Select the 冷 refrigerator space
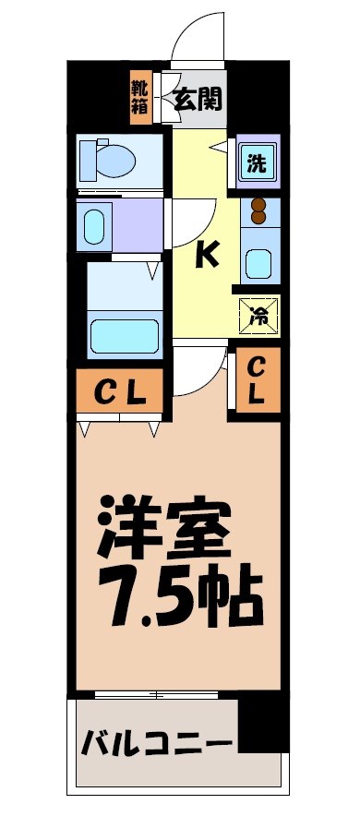pyautogui.click(x=258, y=317)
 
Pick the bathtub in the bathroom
pyautogui.click(x=124, y=335)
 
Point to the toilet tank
pyautogui.click(x=89, y=158)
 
